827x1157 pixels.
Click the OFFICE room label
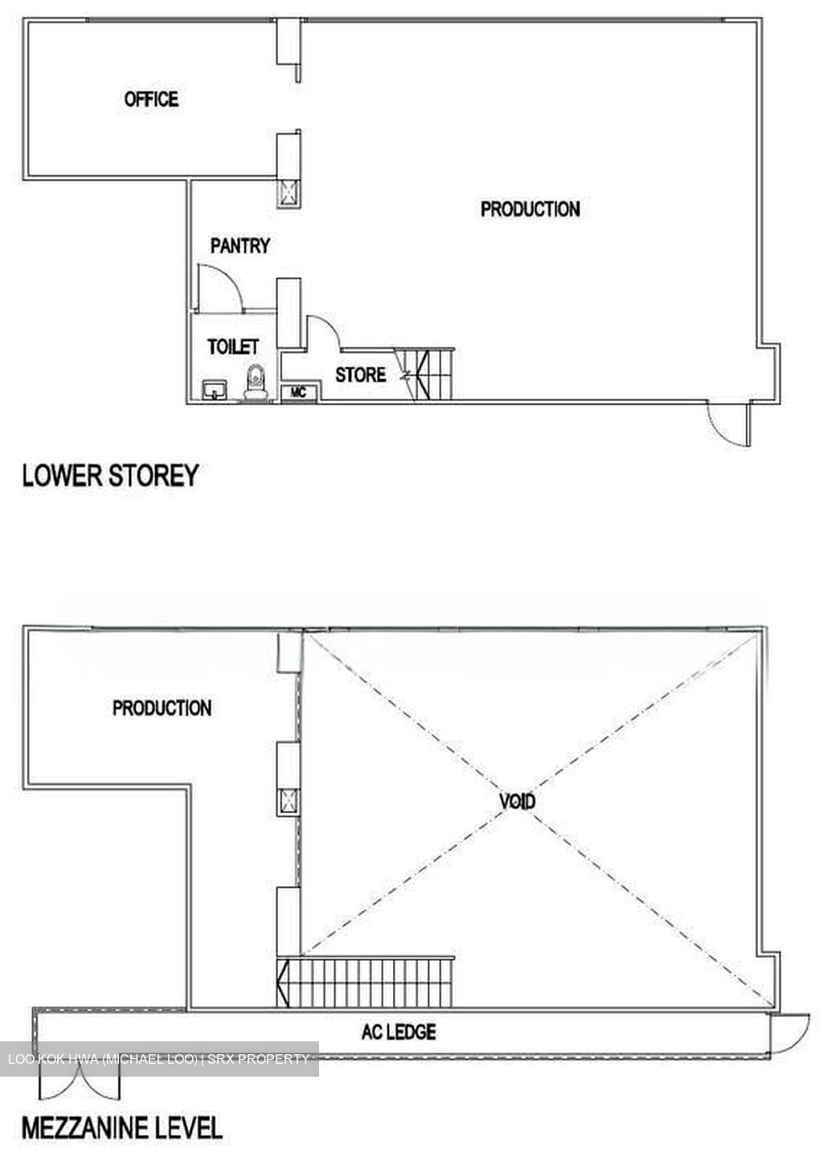tap(151, 99)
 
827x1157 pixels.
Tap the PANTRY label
tap(240, 245)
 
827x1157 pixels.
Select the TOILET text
tap(233, 346)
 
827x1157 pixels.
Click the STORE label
tap(361, 374)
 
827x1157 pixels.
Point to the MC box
tap(298, 393)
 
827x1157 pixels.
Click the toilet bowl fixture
tap(256, 382)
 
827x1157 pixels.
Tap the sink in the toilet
tap(215, 390)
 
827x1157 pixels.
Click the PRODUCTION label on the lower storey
tap(530, 209)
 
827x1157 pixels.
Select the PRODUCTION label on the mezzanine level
tap(162, 708)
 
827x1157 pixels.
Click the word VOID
tap(517, 801)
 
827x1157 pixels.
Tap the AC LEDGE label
tap(399, 1032)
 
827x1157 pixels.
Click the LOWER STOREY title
tap(111, 475)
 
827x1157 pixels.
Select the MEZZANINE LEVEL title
tap(122, 1127)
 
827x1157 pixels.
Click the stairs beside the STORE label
tap(424, 374)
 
